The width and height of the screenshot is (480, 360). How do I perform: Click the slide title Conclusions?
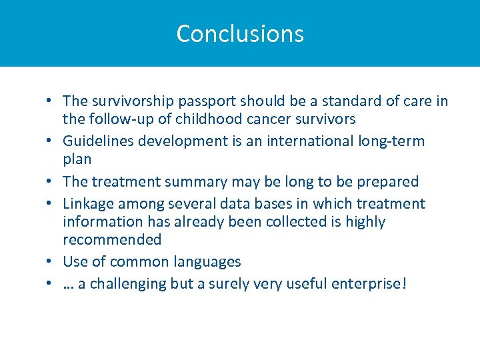pyautogui.click(x=240, y=33)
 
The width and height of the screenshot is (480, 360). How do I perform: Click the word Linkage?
pyautogui.click(x=88, y=203)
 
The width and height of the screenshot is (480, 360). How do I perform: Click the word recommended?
pyautogui.click(x=112, y=239)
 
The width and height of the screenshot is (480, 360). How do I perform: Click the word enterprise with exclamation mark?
pyautogui.click(x=370, y=283)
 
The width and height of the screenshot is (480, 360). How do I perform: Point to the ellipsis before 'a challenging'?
pyautogui.click(x=69, y=285)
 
